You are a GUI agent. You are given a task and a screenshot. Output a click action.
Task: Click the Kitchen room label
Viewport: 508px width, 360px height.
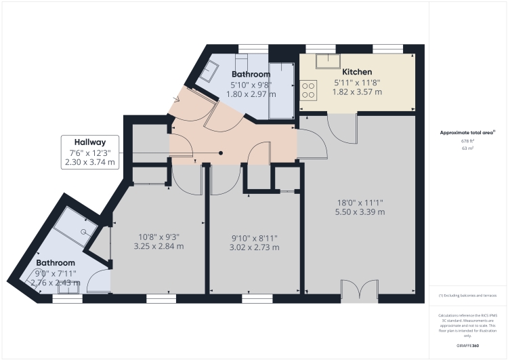coord(357,72)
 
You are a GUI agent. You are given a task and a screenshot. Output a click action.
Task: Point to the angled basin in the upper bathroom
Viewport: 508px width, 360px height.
coord(209,70)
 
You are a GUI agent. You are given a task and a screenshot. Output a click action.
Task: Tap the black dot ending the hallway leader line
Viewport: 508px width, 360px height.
coord(221,153)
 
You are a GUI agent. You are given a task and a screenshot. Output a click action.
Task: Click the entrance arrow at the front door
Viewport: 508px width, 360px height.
coord(177,100)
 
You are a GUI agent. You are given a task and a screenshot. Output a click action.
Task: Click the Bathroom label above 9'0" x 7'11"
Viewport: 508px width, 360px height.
coord(55,262)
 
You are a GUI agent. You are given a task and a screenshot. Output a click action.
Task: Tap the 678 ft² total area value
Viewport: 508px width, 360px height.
coord(467,140)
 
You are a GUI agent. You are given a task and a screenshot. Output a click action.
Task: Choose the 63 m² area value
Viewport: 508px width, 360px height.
coord(467,148)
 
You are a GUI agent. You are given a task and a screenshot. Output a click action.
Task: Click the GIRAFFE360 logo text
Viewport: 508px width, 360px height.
coord(467,346)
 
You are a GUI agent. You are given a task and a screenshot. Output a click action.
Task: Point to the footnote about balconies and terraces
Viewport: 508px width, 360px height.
coord(468,296)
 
